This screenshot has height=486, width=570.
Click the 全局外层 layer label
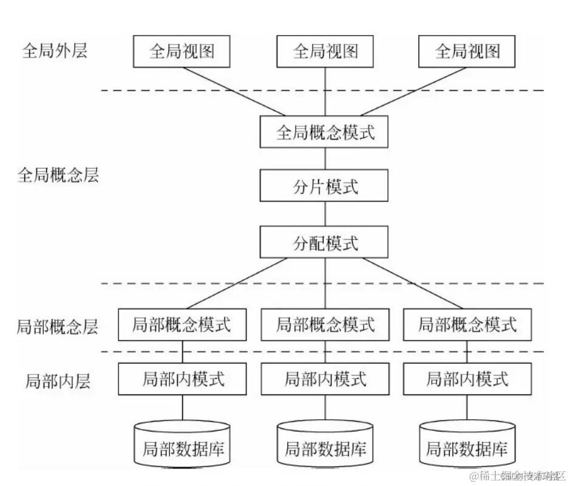pyautogui.click(x=55, y=50)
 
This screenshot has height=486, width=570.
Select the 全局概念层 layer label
pyautogui.click(x=58, y=176)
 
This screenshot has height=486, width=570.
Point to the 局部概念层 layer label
pyautogui.click(x=58, y=328)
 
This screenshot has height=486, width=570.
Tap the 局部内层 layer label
pyautogui.click(x=58, y=381)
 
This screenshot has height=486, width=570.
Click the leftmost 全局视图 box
pyautogui.click(x=182, y=51)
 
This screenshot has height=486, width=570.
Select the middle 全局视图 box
pyautogui.click(x=325, y=51)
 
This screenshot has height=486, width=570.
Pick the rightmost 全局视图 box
pyautogui.click(x=467, y=51)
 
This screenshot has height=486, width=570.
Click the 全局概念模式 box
pyautogui.click(x=325, y=132)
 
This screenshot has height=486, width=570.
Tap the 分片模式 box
pyautogui.click(x=325, y=186)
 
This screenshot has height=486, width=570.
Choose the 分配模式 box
pyautogui.click(x=325, y=243)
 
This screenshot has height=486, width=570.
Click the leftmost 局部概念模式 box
pyautogui.click(x=182, y=325)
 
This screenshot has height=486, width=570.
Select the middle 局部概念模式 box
pyautogui.click(x=325, y=325)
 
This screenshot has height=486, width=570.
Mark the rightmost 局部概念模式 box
pyautogui.click(x=467, y=325)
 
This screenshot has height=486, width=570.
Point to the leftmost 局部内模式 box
pyautogui.click(x=183, y=379)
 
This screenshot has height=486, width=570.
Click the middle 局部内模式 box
pyautogui.click(x=325, y=379)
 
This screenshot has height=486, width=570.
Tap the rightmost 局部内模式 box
pyautogui.click(x=467, y=379)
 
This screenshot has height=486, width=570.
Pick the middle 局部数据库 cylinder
pyautogui.click(x=325, y=447)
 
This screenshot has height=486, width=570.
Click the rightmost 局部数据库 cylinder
pyautogui.click(x=467, y=447)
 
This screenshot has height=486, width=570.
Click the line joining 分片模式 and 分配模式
pyautogui.click(x=325, y=214)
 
